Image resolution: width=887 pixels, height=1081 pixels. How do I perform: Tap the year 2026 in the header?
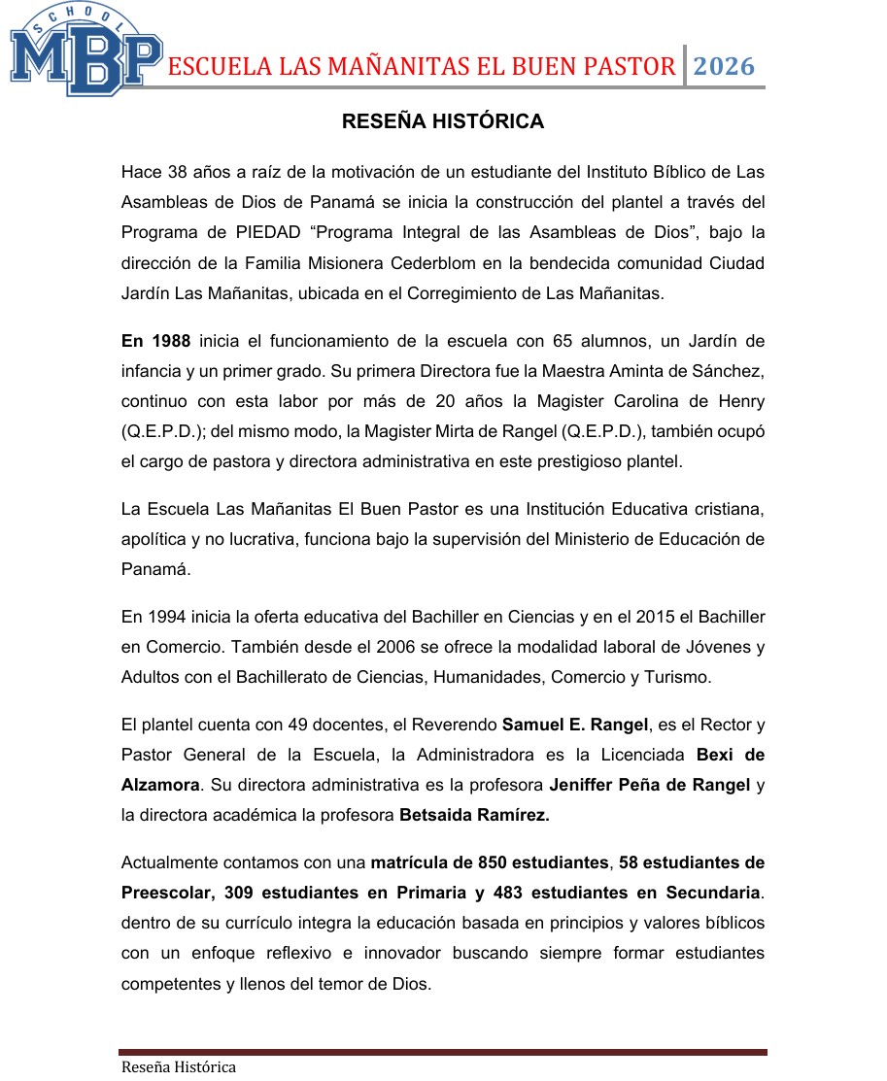click(x=724, y=66)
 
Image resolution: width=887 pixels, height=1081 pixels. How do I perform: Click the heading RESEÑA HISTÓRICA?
click(x=442, y=121)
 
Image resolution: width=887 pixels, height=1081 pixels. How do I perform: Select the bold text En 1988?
click(x=155, y=341)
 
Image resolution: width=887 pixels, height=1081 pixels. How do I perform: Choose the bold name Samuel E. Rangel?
click(x=563, y=724)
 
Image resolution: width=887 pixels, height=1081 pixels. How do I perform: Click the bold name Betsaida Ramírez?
click(x=474, y=816)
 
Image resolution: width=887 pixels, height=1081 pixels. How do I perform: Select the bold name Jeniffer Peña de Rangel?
click(x=649, y=785)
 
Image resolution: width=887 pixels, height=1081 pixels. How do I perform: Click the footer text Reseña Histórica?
click(x=178, y=1066)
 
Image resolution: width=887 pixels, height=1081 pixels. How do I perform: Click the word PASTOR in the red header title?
click(x=624, y=67)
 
